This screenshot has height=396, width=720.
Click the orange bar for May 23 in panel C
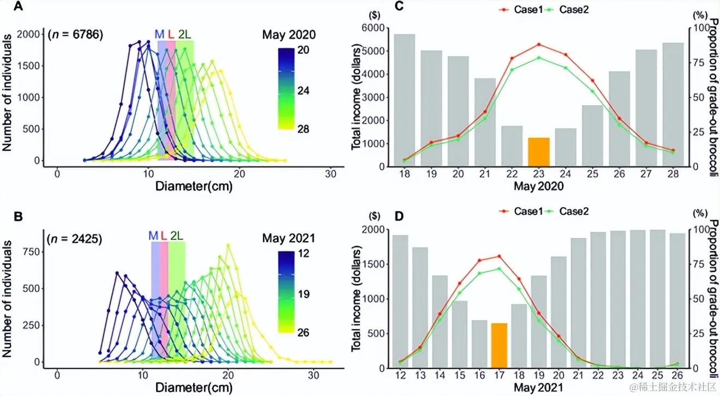pos(538,152)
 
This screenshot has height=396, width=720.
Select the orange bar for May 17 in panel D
pos(499,345)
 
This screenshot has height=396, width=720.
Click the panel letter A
pos(18,7)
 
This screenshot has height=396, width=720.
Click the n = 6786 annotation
pos(76,35)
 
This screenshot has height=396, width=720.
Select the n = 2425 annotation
pos(76,238)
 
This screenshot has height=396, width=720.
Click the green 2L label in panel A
pos(184,34)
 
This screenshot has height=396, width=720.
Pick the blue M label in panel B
pos(153,236)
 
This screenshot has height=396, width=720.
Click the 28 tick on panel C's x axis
pos(673,173)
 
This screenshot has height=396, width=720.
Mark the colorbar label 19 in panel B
pos(303,293)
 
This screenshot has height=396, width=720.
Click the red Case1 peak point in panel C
pos(538,44)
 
